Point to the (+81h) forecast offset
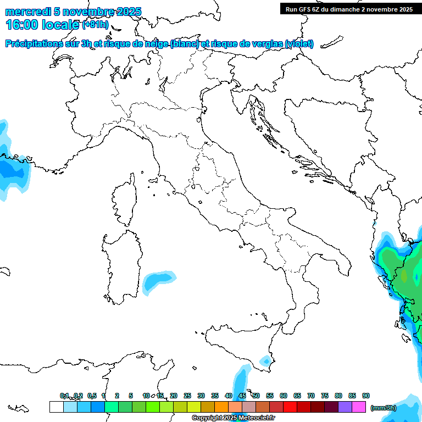coord(95,25)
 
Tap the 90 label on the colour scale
coord(366,396)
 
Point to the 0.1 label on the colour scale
coord(64,396)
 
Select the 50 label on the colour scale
coord(256,396)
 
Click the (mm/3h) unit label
coord(383,407)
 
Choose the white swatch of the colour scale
coord(56,407)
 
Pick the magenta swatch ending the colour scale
coord(359,407)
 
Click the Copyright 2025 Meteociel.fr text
coord(233,418)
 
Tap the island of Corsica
coord(125,201)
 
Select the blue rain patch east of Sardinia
coord(158,281)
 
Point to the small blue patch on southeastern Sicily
coord(265,361)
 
